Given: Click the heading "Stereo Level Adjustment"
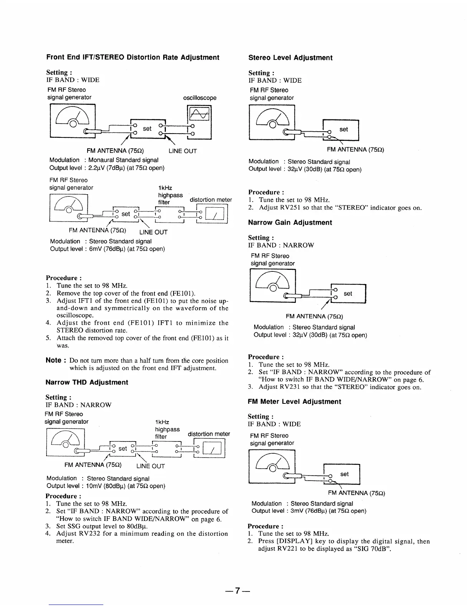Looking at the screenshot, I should click(x=290, y=58).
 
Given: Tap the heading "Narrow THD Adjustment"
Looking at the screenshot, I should click(x=87, y=382).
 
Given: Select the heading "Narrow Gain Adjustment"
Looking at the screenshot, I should click(x=290, y=223).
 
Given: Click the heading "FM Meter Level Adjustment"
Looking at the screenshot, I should click(x=294, y=402).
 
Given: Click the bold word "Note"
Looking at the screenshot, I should click(x=53, y=360).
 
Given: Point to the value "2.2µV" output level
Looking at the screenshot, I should click(x=96, y=168).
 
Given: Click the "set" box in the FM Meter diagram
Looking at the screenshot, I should click(x=344, y=474).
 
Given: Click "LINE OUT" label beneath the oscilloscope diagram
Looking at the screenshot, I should click(x=183, y=151).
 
